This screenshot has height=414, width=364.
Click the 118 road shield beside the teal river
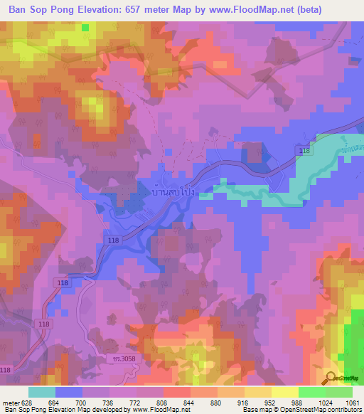point(304,152)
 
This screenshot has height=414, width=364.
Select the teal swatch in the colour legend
point(42,392)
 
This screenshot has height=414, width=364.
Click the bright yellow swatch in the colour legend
point(285,392)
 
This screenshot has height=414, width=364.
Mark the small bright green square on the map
point(86,27)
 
